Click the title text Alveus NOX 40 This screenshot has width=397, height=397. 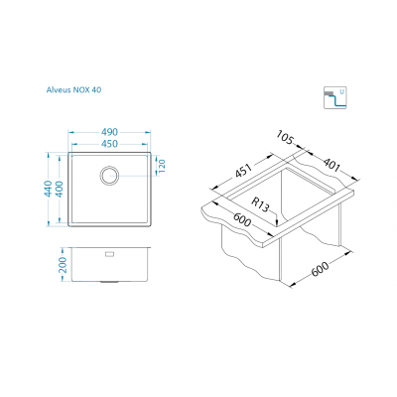point(73,89)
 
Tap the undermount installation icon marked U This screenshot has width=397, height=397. point(335,97)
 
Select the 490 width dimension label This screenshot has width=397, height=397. point(109,132)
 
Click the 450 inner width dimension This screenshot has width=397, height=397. point(109,144)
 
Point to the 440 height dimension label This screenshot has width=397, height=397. point(49,189)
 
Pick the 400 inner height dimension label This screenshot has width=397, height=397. point(60,189)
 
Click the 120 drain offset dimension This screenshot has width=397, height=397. point(162,166)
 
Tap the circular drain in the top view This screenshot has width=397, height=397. point(109,175)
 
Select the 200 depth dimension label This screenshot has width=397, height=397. point(63,265)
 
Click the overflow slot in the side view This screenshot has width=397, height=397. point(109,254)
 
